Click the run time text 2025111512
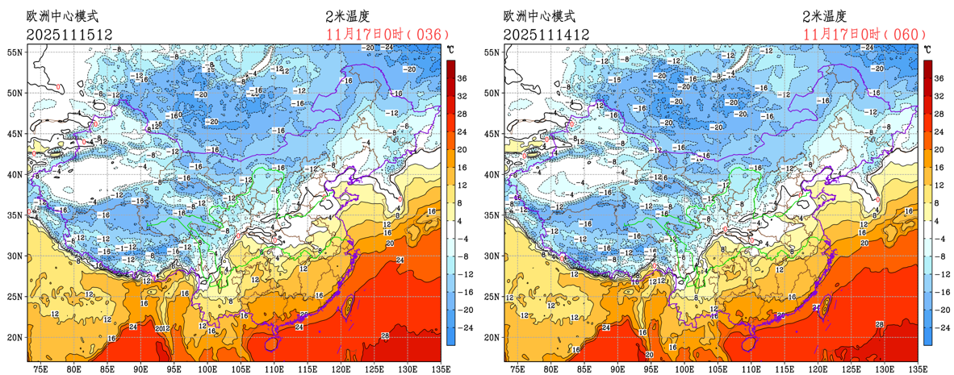[69, 35]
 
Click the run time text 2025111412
[546, 35]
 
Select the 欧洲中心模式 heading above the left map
[63, 16]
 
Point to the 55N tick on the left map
[15, 52]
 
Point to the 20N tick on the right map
[492, 337]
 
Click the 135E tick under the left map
[439, 368]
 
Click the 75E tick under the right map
[517, 368]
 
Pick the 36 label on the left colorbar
[464, 78]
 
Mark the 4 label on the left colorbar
[462, 220]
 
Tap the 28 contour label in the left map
[385, 335]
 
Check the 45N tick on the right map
[492, 133]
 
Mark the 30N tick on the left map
[15, 256]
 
